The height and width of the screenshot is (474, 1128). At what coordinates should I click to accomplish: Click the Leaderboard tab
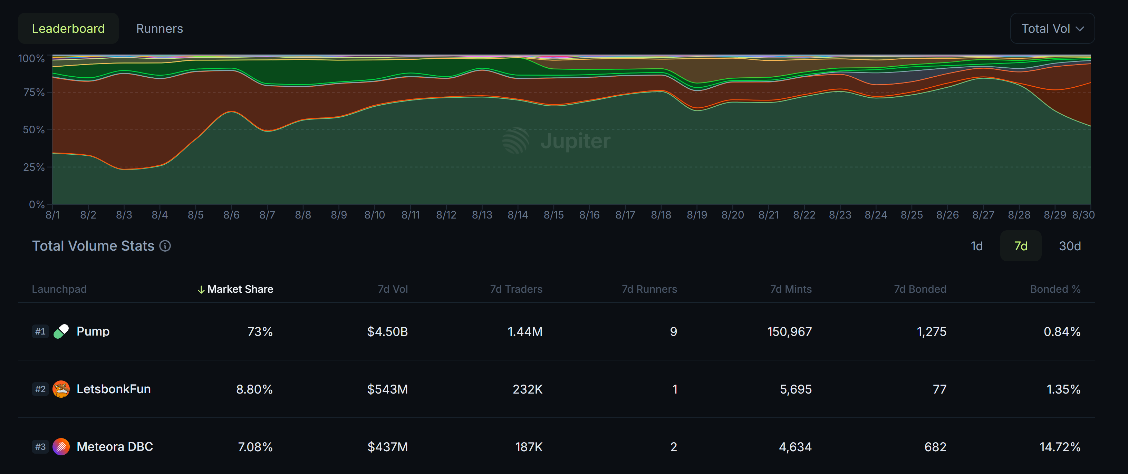[x=68, y=28]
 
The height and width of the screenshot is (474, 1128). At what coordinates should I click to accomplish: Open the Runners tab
[x=160, y=28]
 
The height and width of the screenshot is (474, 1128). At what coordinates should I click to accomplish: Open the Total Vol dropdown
[x=1052, y=28]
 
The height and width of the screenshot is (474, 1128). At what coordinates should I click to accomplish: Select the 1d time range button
[x=976, y=246]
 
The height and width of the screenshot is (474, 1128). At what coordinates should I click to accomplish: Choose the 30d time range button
[x=1069, y=246]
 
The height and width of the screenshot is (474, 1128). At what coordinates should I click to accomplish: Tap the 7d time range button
[x=1020, y=246]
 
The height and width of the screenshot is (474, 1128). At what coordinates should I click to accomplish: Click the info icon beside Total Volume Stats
[x=165, y=246]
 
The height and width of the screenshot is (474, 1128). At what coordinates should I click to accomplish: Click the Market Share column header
[x=240, y=289]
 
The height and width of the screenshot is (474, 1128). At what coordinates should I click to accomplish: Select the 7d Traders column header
[x=516, y=289]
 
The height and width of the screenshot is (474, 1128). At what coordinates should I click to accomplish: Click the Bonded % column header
[x=1055, y=289]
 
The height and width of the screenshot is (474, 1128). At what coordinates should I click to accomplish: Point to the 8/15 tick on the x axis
[x=553, y=215]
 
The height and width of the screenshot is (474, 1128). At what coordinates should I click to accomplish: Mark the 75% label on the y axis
[x=34, y=93]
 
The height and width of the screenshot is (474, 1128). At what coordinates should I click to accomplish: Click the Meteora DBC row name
[x=115, y=447]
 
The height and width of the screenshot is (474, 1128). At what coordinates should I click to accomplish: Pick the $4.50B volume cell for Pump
[x=387, y=332]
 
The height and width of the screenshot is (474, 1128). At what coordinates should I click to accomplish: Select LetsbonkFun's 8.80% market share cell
[x=254, y=389]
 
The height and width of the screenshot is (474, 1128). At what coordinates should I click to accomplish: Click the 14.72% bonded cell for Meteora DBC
[x=1060, y=447]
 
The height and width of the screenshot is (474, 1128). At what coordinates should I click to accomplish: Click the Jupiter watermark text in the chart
[x=575, y=141]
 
